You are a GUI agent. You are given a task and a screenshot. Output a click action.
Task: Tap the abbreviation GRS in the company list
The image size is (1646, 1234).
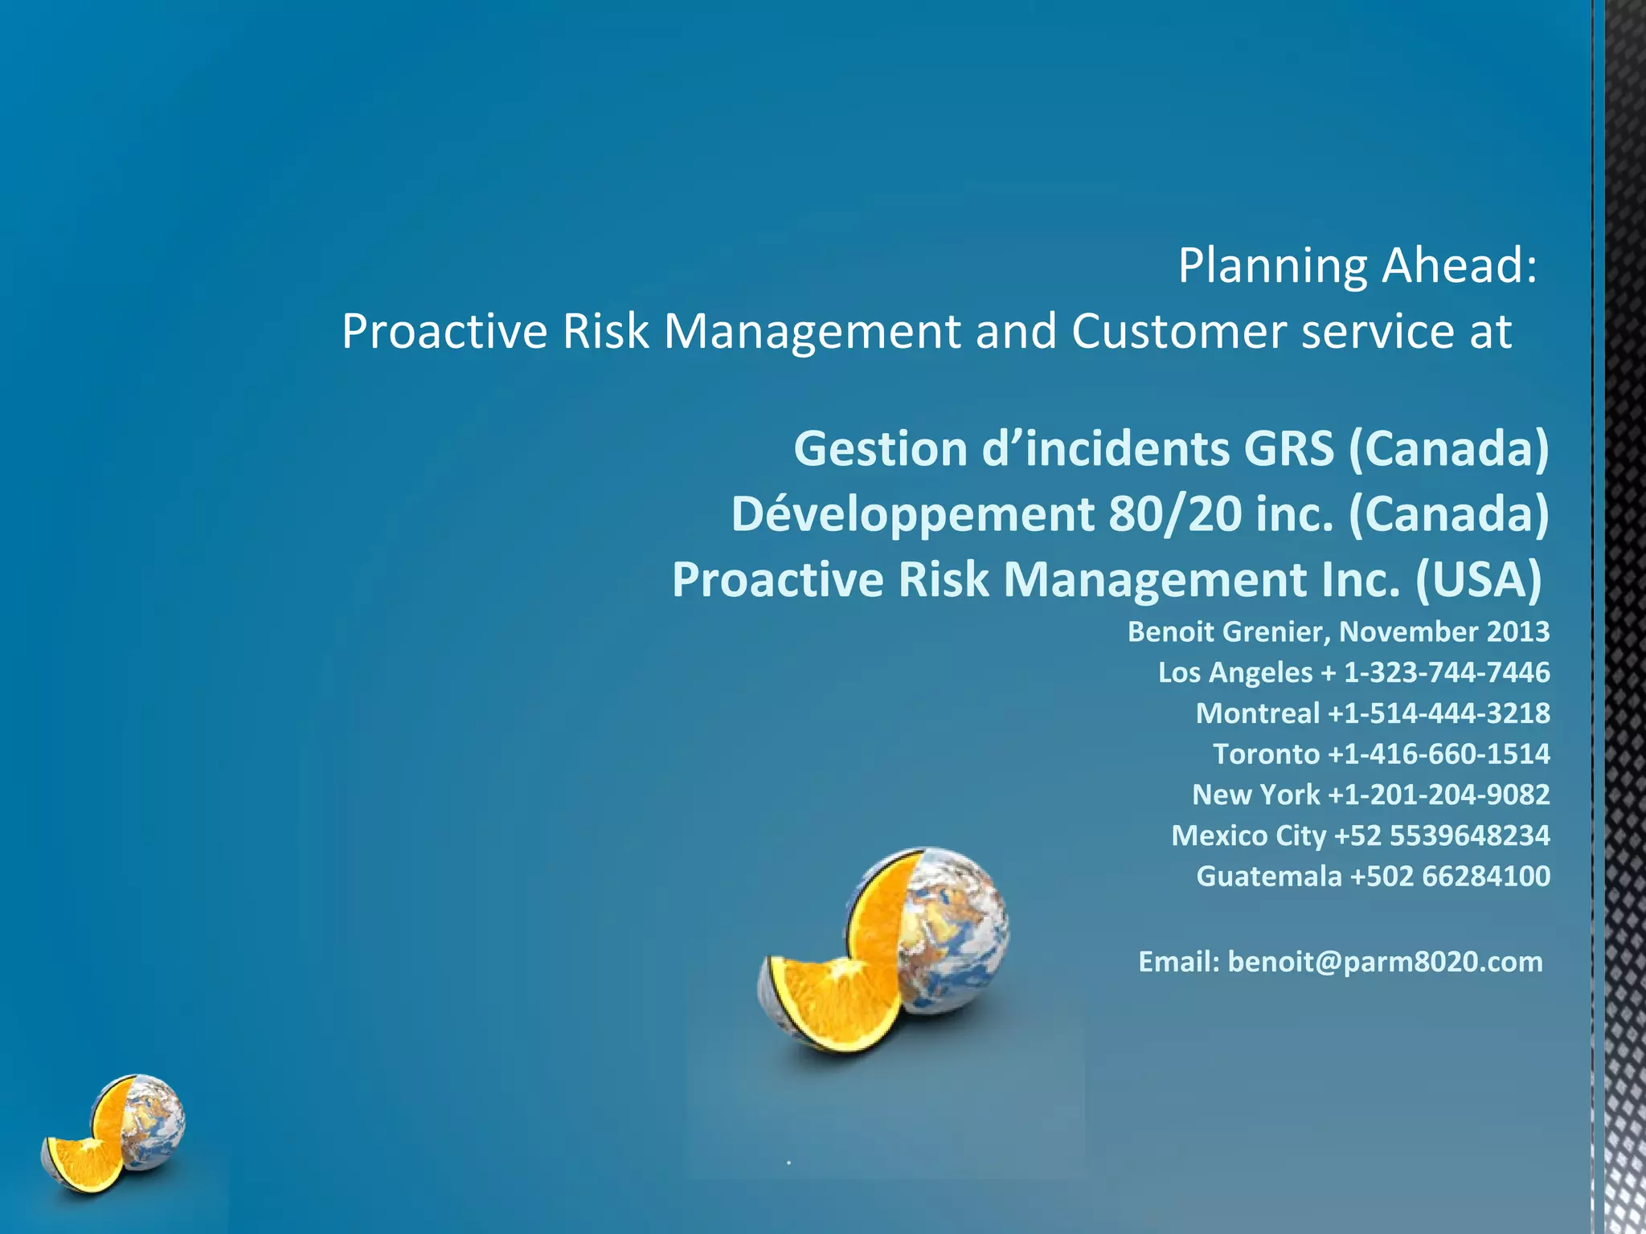[x=1288, y=448]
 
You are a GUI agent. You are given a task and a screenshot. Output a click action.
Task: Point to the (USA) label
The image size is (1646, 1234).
[x=1478, y=580]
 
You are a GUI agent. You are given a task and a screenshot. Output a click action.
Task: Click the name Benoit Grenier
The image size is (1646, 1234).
[x=1229, y=632]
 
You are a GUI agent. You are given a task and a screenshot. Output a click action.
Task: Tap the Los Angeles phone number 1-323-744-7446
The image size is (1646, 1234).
[x=1447, y=672]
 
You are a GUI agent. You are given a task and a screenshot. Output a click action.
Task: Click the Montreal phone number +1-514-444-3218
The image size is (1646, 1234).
[x=1439, y=713]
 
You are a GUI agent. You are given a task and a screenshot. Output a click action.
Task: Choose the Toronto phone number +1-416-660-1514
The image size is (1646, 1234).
[x=1439, y=754]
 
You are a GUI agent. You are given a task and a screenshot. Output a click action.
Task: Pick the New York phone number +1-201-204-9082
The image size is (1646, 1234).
[x=1439, y=795]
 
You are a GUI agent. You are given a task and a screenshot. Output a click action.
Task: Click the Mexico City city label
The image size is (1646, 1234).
[x=1248, y=836]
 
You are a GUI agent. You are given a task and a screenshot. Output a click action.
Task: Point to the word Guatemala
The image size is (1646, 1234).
[x=1269, y=876]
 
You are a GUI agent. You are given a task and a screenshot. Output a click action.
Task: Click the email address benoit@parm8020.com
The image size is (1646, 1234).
[x=1385, y=962]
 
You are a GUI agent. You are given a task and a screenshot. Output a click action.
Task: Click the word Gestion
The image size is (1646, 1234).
[x=880, y=448]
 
